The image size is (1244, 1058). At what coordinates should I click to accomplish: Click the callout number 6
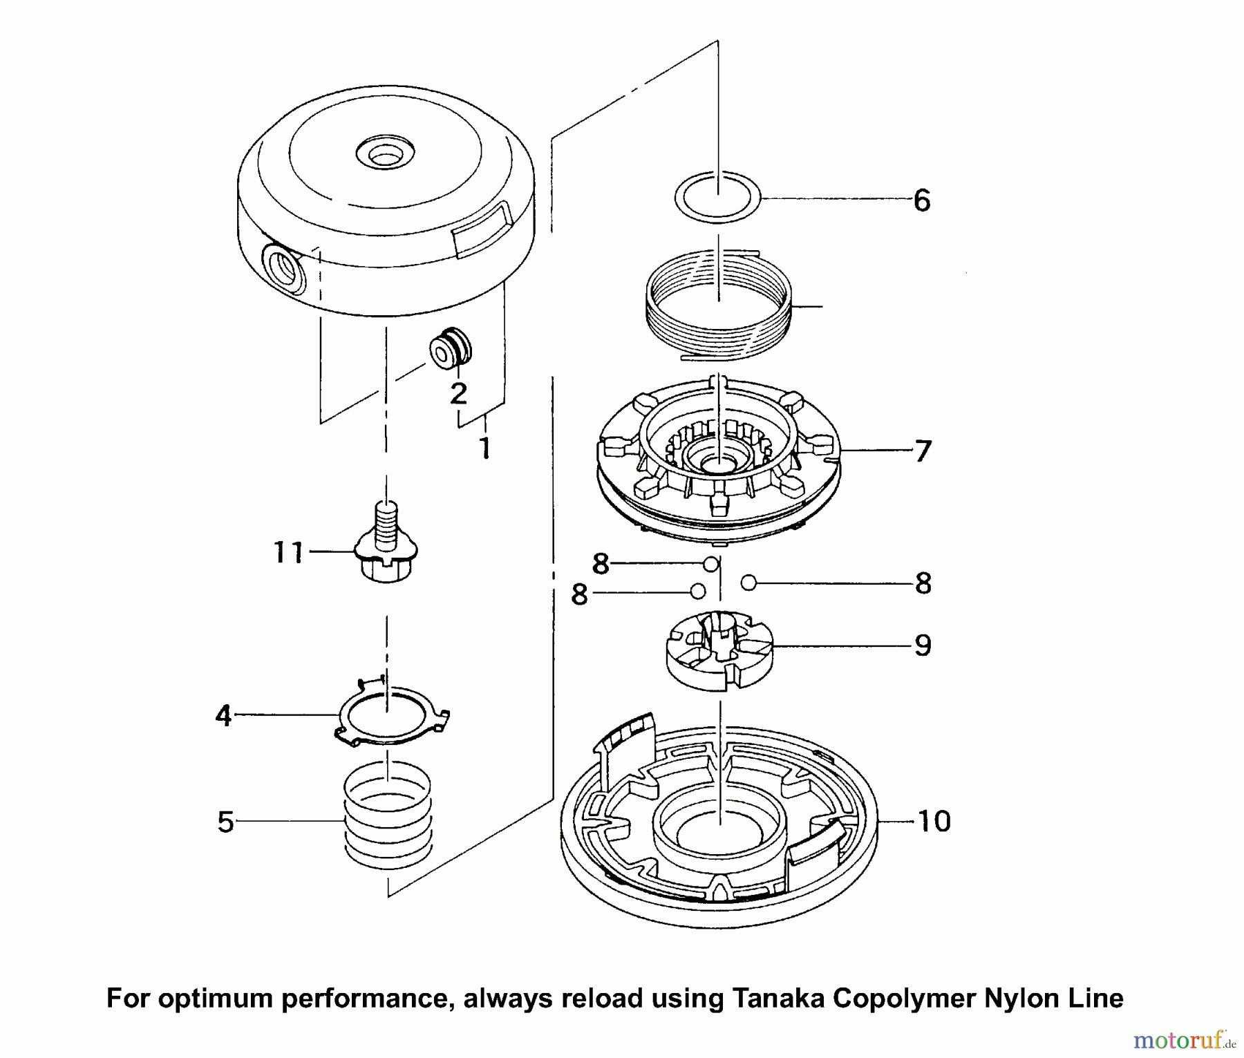pyautogui.click(x=922, y=201)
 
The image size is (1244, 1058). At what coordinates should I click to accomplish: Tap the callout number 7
pyautogui.click(x=923, y=451)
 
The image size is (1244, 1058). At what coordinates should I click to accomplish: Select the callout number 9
pyautogui.click(x=923, y=645)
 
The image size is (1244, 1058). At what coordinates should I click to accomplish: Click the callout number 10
pyautogui.click(x=934, y=821)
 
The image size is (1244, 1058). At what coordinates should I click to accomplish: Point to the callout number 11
pyautogui.click(x=288, y=552)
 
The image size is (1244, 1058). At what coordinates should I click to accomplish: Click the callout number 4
pyautogui.click(x=223, y=716)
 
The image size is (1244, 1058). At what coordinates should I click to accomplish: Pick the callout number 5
pyautogui.click(x=225, y=822)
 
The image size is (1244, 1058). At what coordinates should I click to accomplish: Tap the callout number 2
pyautogui.click(x=458, y=393)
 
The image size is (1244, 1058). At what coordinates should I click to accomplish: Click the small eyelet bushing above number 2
pyautogui.click(x=450, y=349)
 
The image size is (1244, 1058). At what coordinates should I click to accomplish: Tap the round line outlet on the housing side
pyautogui.click(x=283, y=270)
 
